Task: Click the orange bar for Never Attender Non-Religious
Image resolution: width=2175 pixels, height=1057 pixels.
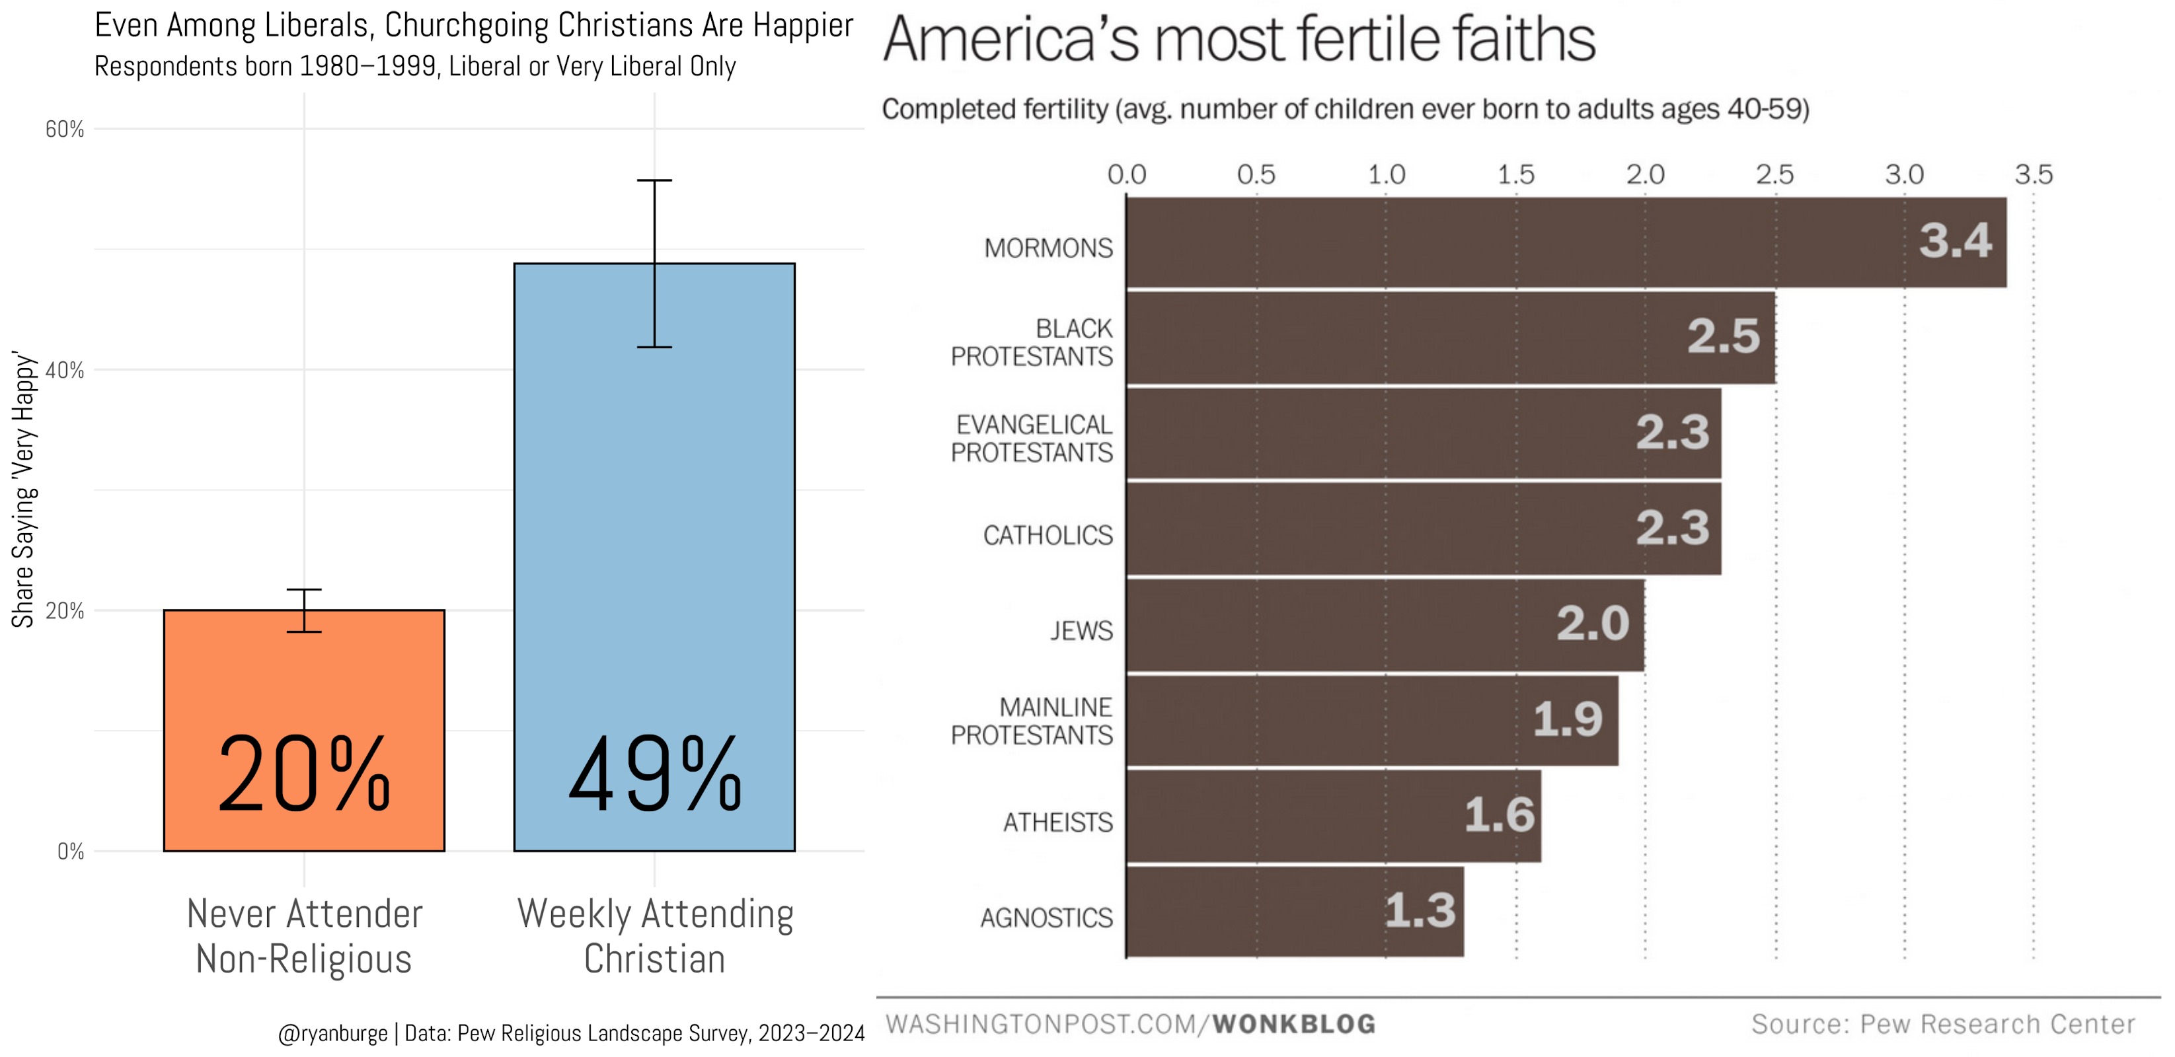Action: [x=304, y=675]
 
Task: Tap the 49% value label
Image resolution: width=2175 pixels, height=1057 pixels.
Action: [x=655, y=774]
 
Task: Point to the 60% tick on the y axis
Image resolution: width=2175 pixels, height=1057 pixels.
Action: [x=65, y=129]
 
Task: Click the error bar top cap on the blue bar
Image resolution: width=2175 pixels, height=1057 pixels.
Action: [x=654, y=180]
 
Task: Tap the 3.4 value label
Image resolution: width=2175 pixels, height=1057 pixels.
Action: [x=1955, y=241]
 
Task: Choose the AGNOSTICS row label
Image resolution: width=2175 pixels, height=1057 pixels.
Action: [x=1046, y=917]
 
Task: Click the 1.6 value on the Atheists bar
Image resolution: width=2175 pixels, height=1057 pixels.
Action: [x=1499, y=816]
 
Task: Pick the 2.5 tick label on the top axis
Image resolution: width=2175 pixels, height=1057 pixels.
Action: [x=1774, y=175]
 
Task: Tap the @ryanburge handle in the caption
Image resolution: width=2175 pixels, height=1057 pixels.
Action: [x=332, y=1033]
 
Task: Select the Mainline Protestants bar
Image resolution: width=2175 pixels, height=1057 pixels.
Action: [x=1372, y=720]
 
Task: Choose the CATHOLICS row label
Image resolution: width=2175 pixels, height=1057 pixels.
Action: [x=1048, y=535]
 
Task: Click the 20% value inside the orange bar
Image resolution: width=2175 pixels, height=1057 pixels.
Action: [x=304, y=774]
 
